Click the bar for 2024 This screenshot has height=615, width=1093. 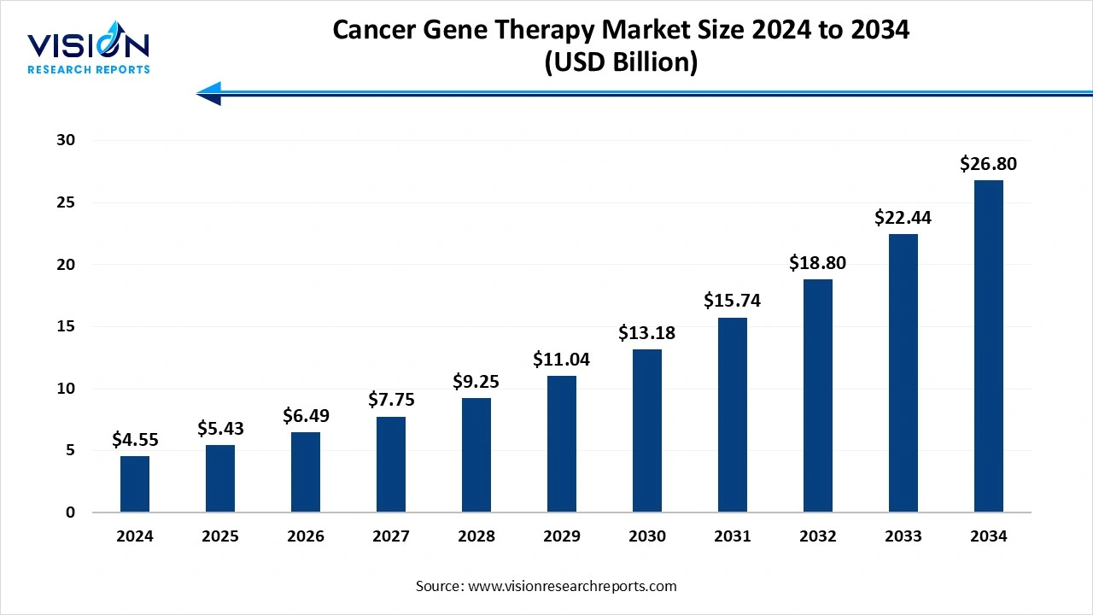(x=135, y=484)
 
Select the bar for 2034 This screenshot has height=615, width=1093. (x=989, y=346)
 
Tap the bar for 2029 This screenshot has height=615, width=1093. (x=562, y=444)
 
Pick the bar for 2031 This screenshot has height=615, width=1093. (x=733, y=415)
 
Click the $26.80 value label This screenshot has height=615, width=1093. (x=989, y=163)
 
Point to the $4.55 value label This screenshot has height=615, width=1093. (x=135, y=440)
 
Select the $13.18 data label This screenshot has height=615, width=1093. (x=647, y=332)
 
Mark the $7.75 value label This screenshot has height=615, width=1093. (x=391, y=400)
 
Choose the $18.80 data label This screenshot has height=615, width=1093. (x=818, y=263)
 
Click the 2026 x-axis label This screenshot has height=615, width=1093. (x=306, y=536)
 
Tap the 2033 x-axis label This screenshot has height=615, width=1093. (x=903, y=536)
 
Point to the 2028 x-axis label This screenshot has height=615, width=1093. (x=476, y=536)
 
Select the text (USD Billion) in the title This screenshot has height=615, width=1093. (x=621, y=62)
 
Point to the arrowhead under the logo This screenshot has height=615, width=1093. (x=209, y=93)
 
